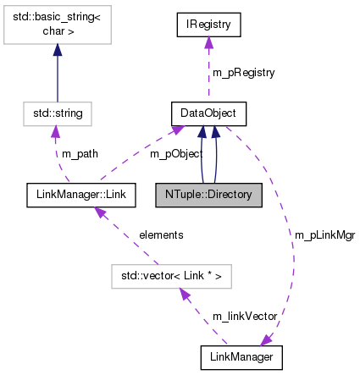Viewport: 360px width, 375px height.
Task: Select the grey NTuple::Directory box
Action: [208, 195]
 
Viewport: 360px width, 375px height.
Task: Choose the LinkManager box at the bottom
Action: [241, 357]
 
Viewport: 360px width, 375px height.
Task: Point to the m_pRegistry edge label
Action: [242, 73]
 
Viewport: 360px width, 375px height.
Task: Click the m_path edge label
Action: [79, 153]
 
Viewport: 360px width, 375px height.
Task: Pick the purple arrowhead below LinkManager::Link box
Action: [100, 212]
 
